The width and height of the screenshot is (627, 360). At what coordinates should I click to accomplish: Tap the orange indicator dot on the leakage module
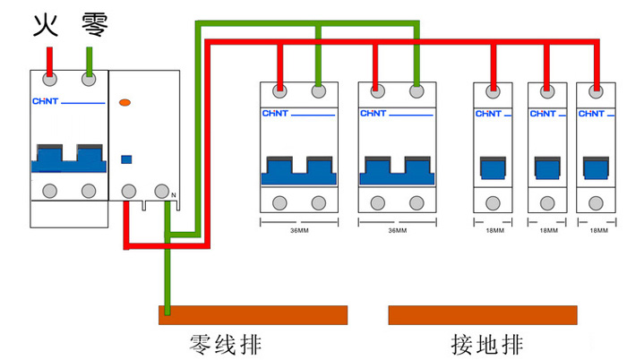(x=125, y=103)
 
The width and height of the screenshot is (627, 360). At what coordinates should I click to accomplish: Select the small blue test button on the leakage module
(x=126, y=159)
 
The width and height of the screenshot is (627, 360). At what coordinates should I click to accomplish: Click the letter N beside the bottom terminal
(x=174, y=195)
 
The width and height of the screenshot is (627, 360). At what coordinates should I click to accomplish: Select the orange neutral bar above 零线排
(x=253, y=314)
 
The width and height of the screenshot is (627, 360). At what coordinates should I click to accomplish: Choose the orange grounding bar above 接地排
(x=483, y=314)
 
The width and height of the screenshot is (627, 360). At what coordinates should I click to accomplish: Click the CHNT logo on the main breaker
(x=44, y=100)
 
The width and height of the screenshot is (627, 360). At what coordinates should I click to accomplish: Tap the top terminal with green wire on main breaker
(x=89, y=80)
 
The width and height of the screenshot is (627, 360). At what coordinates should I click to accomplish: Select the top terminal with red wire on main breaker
(x=49, y=80)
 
